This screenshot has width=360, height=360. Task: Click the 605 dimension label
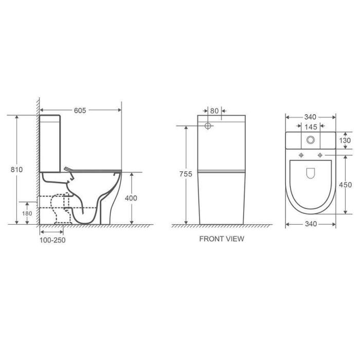pyautogui.click(x=80, y=111)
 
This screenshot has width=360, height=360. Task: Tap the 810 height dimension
pyautogui.click(x=17, y=170)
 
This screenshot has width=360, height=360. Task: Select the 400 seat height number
pyautogui.click(x=131, y=198)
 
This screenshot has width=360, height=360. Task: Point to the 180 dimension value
pyautogui.click(x=27, y=213)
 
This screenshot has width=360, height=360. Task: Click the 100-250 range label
pyautogui.click(x=52, y=240)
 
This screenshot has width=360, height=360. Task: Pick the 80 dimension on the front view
pyautogui.click(x=214, y=111)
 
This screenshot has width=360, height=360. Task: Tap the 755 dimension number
pyautogui.click(x=186, y=174)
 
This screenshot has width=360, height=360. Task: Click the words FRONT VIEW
pyautogui.click(x=222, y=239)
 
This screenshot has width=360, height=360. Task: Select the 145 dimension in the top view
pyautogui.click(x=311, y=127)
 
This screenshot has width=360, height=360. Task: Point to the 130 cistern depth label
pyautogui.click(x=345, y=140)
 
